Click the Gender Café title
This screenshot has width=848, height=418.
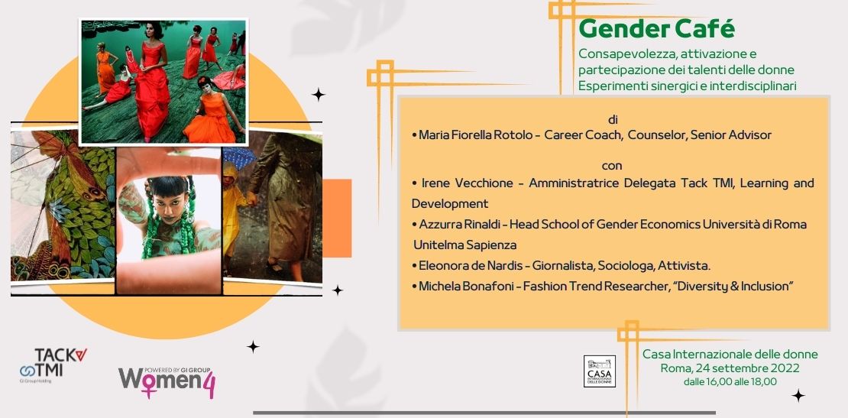(656, 29)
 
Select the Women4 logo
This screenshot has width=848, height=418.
(167, 382)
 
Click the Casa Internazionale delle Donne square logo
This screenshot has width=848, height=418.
(599, 371)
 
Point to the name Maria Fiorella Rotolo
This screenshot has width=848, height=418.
(477, 135)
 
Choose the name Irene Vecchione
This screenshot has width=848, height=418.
(465, 183)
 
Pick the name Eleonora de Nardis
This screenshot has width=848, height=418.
(471, 265)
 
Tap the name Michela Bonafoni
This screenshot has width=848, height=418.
(464, 286)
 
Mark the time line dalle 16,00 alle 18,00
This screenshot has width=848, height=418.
(730, 382)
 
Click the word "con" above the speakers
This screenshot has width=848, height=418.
(612, 166)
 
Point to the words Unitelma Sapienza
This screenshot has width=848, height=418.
(464, 245)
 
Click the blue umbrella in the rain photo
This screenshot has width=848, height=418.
(238, 157)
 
